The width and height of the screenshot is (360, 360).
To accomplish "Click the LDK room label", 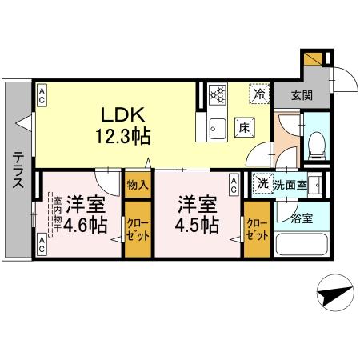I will pos(119,114).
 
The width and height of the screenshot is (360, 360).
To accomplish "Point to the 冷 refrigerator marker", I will pos(258,93).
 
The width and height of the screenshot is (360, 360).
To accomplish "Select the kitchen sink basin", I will pos(216,126).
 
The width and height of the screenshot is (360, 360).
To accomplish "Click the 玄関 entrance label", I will pos(302,95).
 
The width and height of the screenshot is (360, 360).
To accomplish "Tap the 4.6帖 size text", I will pos(86,225).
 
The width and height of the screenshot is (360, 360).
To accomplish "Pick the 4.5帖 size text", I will pos(198,225).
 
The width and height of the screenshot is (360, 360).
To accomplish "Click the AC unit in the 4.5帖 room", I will pos(232,186).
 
